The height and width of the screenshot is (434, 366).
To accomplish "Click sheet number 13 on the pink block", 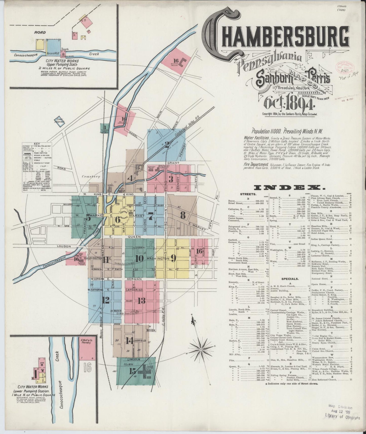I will pos(142,301).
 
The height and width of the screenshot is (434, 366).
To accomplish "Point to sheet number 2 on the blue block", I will pos(167,145).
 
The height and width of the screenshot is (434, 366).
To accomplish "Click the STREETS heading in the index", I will pos(248,194).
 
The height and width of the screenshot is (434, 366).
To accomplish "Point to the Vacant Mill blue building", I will pos(53,49).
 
